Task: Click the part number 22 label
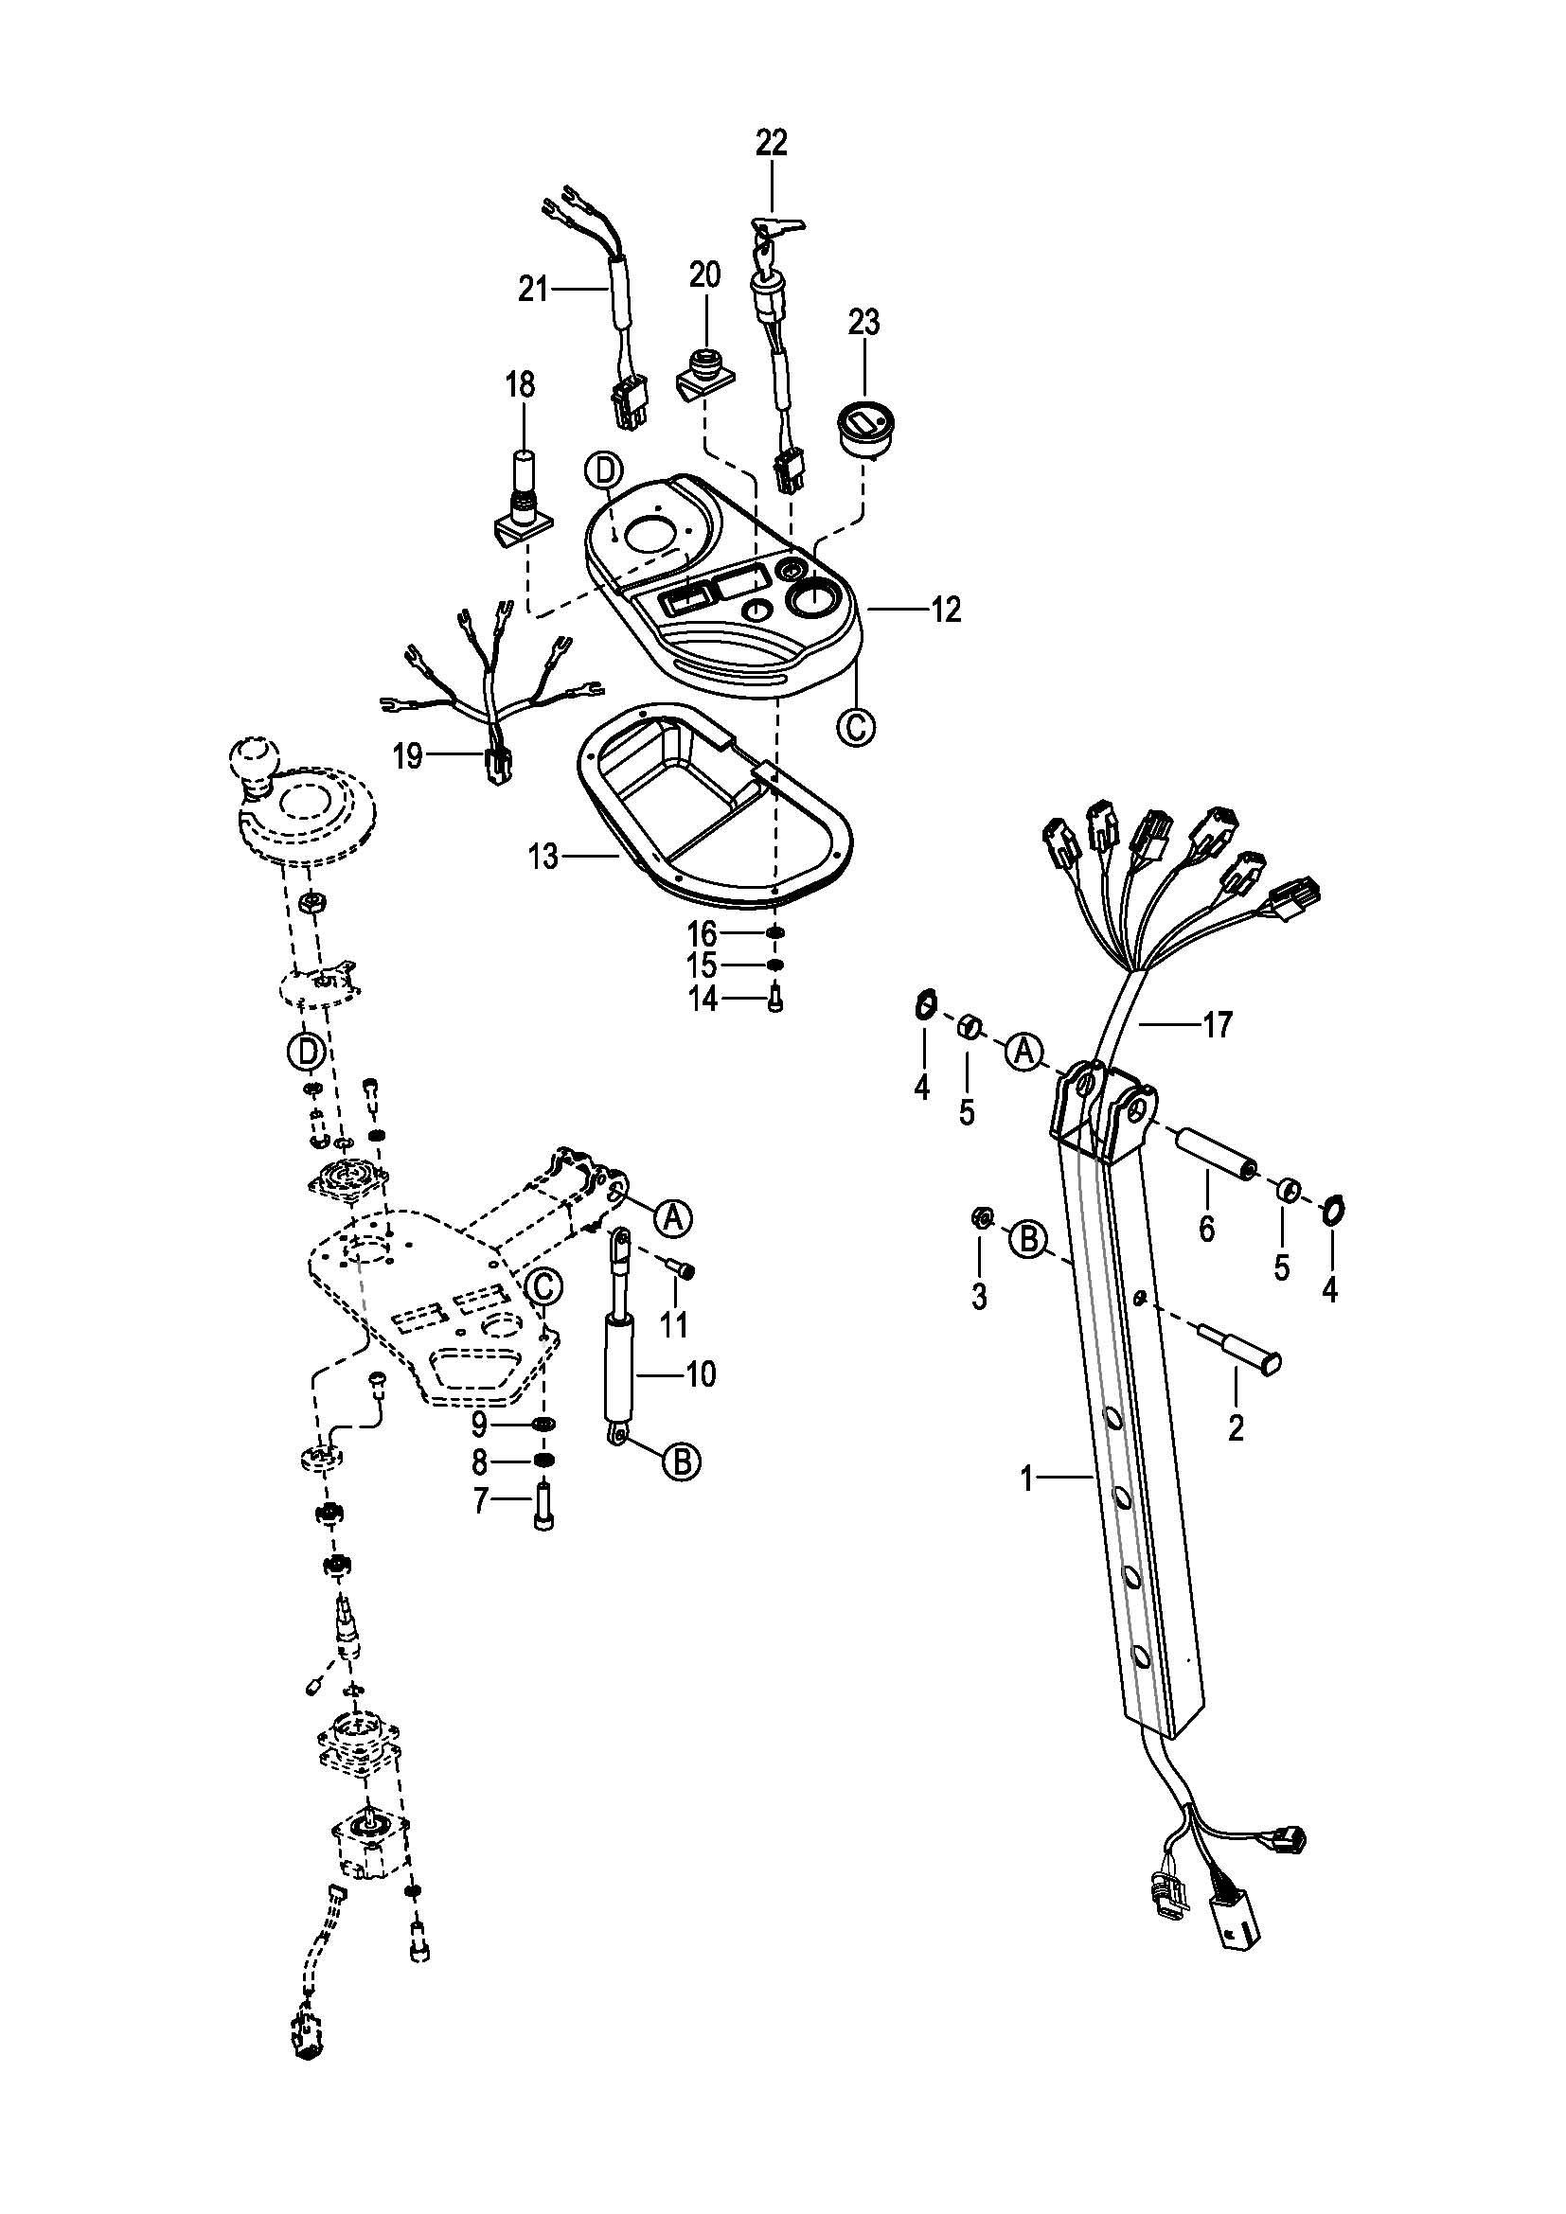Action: tap(772, 143)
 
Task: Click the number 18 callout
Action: tap(520, 384)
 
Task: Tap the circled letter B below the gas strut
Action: tap(681, 1461)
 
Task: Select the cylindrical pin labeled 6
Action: tap(1211, 1158)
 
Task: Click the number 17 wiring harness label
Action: tap(1217, 1025)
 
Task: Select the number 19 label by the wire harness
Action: tap(408, 757)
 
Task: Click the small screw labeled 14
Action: tap(775, 1002)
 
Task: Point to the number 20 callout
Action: tap(705, 275)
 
